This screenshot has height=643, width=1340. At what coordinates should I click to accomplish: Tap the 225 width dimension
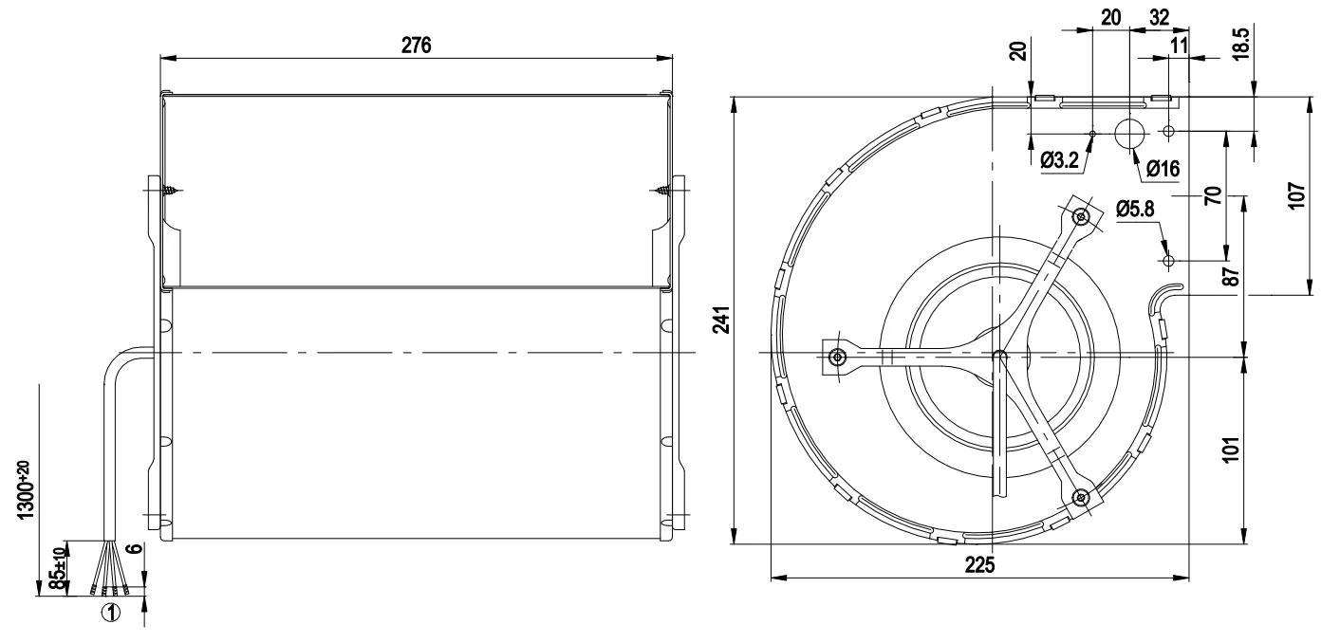click(979, 565)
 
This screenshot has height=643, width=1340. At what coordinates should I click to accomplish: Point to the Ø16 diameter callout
click(1162, 170)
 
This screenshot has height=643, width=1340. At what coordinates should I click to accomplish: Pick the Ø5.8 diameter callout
click(1136, 209)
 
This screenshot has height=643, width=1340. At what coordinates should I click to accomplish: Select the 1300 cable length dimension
click(21, 485)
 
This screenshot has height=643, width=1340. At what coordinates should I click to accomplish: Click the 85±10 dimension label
click(58, 568)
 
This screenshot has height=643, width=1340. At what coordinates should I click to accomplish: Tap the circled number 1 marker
click(111, 613)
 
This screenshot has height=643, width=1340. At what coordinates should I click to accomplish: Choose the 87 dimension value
click(1231, 278)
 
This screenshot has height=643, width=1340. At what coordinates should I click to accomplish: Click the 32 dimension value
click(1159, 16)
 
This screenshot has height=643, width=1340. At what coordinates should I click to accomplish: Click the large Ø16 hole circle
click(1129, 134)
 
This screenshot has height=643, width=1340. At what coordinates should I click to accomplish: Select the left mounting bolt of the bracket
click(836, 358)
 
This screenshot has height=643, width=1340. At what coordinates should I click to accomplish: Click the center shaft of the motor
click(997, 357)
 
